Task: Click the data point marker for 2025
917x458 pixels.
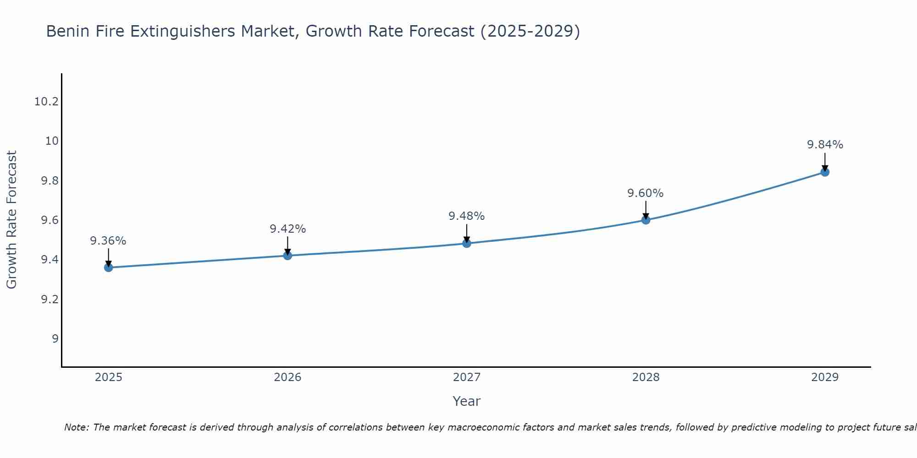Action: coord(109,267)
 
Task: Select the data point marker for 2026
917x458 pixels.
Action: coord(287,256)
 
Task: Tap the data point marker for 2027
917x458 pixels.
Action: coord(467,243)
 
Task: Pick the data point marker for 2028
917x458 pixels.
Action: coord(646,220)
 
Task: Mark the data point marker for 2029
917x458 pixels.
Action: coord(825,172)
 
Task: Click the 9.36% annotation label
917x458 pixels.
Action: coord(108,241)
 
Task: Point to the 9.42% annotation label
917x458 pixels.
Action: coord(287,229)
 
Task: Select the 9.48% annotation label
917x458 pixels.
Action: coord(467,216)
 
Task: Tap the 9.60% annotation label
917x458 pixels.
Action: coord(646,193)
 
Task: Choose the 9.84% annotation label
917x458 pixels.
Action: coord(825,145)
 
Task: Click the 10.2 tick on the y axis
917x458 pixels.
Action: coord(47,102)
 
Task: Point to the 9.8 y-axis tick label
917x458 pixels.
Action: coord(50,181)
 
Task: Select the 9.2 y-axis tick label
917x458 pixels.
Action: coord(50,300)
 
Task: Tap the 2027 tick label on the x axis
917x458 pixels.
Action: coord(467,377)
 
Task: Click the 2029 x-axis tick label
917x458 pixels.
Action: coord(825,377)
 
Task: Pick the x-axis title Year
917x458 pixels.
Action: coord(467,401)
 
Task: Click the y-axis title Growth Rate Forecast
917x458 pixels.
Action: coord(12,220)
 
